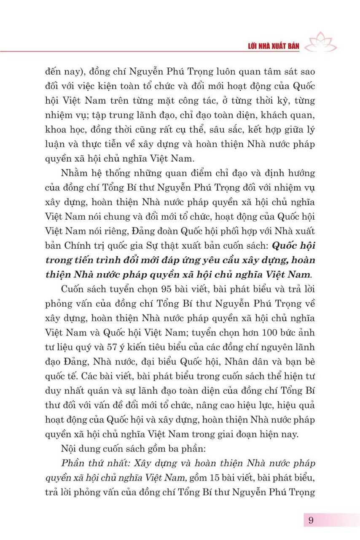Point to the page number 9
(x=311, y=519)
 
